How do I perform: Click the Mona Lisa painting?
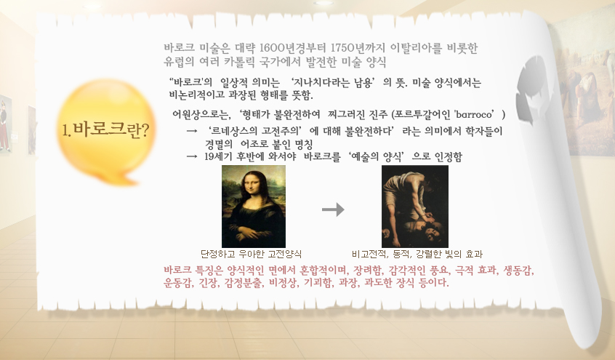pos(254,207)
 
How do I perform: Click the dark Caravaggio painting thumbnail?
pos(415,207)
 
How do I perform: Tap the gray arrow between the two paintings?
pos(333,209)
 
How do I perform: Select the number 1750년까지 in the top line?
pos(358,48)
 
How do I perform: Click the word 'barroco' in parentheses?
pos(475,115)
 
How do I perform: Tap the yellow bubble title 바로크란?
pos(106,129)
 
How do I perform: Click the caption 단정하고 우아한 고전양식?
pos(251,254)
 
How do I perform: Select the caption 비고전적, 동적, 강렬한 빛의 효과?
pos(417,254)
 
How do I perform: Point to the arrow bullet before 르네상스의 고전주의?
pos(192,131)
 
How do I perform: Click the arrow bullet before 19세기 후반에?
pos(192,156)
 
